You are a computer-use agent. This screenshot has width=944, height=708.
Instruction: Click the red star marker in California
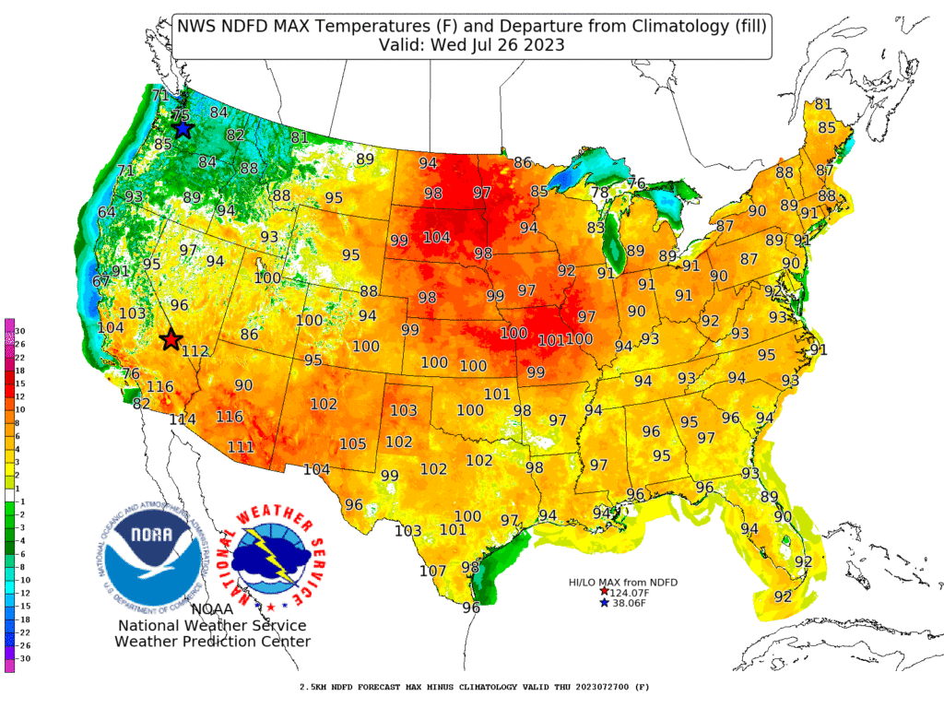[171, 340]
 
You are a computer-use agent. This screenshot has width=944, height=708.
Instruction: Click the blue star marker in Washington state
[183, 129]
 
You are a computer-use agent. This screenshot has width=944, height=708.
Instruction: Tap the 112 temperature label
[195, 351]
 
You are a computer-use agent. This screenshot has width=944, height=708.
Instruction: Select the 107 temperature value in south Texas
[432, 571]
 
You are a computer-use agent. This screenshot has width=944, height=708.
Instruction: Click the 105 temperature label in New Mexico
[353, 444]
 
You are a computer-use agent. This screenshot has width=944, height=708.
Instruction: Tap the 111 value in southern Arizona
[241, 447]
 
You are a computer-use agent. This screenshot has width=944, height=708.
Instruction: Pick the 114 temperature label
[183, 419]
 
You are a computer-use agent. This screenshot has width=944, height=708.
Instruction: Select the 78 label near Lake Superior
[600, 193]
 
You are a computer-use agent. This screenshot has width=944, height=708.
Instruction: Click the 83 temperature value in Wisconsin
[596, 228]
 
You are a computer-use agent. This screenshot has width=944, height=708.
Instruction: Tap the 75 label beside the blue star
[181, 115]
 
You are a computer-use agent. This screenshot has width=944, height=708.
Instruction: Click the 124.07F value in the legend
[631, 592]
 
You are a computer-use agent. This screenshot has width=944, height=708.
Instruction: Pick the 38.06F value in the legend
[628, 603]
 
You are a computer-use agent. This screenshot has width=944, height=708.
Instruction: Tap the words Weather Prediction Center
[212, 642]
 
